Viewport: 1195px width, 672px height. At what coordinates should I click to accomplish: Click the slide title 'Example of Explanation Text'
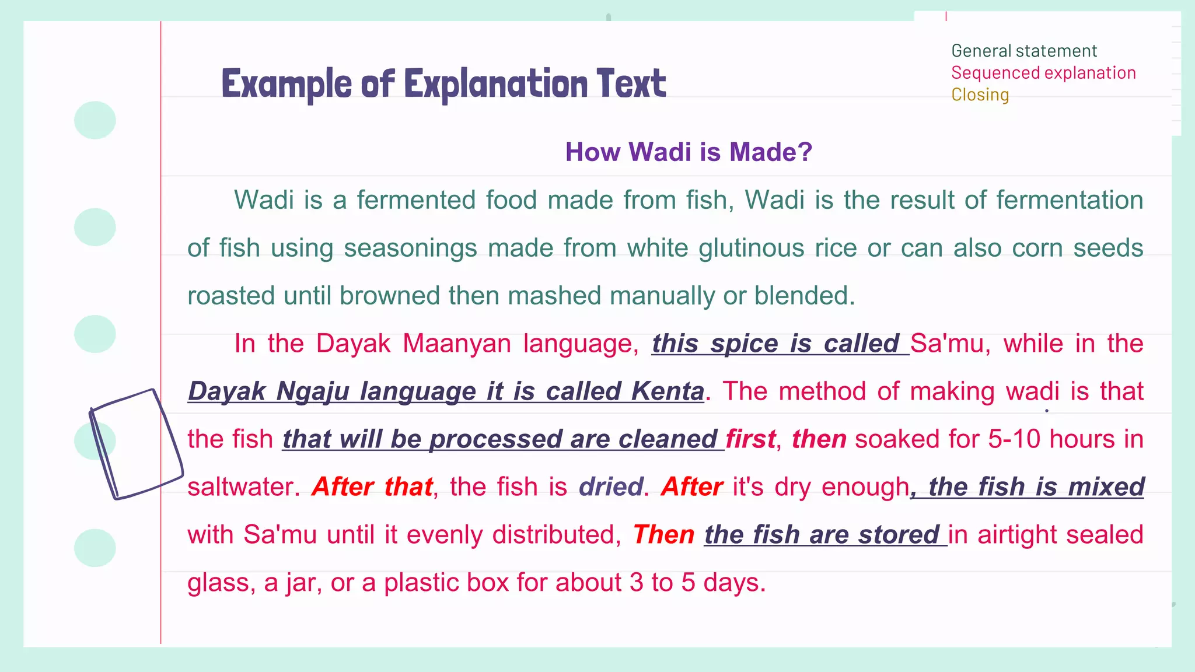click(443, 83)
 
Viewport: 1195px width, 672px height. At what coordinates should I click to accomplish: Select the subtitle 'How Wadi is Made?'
click(689, 152)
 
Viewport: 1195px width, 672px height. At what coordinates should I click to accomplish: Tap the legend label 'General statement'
click(1024, 51)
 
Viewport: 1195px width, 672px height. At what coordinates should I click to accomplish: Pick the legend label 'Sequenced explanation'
click(1043, 73)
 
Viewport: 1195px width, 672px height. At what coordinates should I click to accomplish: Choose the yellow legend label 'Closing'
click(980, 94)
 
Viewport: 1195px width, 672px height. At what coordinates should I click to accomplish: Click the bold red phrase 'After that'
click(372, 487)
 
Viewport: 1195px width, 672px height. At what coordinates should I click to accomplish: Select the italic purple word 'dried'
click(610, 487)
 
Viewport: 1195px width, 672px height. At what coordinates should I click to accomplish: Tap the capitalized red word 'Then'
click(663, 535)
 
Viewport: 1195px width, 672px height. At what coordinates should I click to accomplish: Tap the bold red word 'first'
click(750, 439)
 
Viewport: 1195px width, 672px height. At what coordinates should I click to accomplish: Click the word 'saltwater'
click(239, 487)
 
